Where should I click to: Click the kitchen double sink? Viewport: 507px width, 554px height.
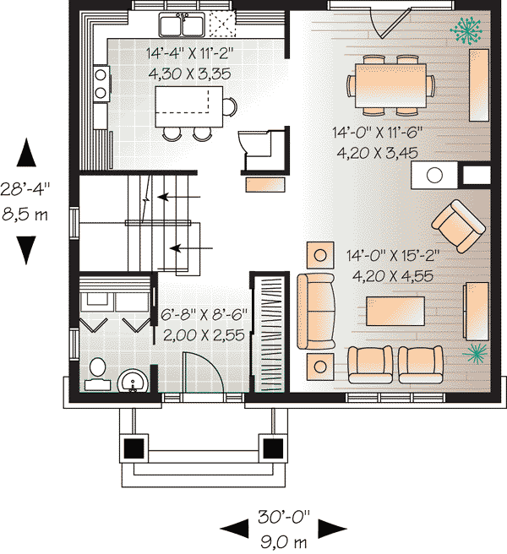click(x=182, y=24)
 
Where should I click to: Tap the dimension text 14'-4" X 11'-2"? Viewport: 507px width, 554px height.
click(x=190, y=54)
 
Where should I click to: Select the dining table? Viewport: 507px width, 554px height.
click(x=390, y=85)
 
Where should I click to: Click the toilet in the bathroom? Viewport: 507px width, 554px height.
click(x=97, y=374)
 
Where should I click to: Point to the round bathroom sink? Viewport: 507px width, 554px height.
click(x=133, y=381)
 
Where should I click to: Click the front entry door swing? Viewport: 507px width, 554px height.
click(x=203, y=372)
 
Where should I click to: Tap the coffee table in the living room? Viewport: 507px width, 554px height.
click(x=395, y=311)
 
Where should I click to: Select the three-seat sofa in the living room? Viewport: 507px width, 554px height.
click(x=316, y=312)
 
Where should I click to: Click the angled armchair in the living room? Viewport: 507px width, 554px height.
click(x=459, y=226)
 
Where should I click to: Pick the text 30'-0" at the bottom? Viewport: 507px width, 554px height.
click(x=284, y=518)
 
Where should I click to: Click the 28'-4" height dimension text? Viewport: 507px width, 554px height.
click(x=25, y=189)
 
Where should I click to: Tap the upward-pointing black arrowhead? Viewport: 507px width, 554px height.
click(x=26, y=152)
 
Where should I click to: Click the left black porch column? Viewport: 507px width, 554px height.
click(x=134, y=448)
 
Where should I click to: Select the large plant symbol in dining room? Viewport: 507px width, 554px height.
click(x=466, y=30)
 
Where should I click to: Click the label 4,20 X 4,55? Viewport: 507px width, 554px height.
click(x=392, y=275)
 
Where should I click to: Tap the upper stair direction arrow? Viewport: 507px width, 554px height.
click(x=178, y=197)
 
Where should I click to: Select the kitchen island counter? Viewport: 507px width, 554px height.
click(x=188, y=106)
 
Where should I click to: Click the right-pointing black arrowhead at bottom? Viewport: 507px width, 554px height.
click(x=332, y=529)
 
